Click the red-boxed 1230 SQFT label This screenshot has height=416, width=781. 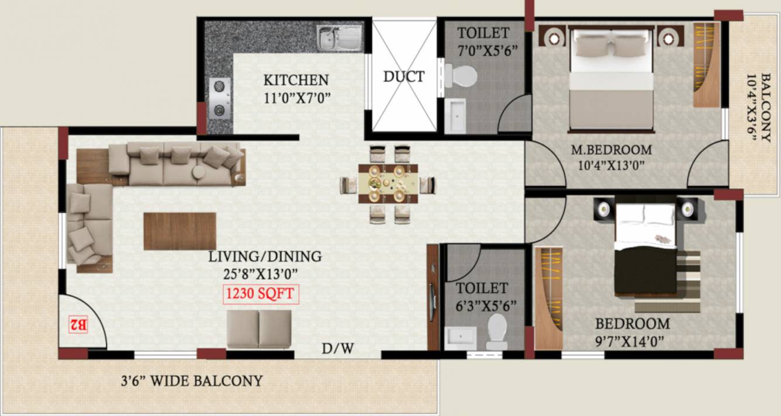[x=261, y=294]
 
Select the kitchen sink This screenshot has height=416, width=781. [x=340, y=38]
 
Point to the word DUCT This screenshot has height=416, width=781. [x=403, y=77]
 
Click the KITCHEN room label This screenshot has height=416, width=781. [x=296, y=80]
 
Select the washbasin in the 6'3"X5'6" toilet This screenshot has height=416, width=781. [x=460, y=337]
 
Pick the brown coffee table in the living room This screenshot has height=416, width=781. [x=179, y=231]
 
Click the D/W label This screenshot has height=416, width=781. [x=338, y=349]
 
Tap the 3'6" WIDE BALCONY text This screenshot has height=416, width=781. [x=191, y=381]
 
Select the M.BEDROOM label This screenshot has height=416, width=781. [x=611, y=150]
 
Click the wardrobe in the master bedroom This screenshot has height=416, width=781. [x=706, y=64]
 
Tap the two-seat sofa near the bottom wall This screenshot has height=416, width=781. [x=258, y=329]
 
